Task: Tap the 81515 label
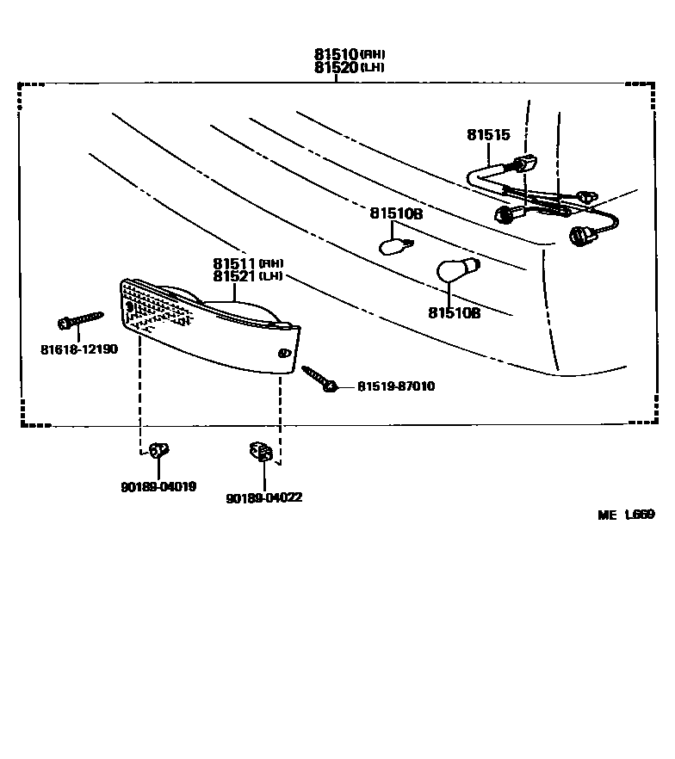coord(488,135)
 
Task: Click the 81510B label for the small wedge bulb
coord(396,213)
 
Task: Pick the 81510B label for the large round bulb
coord(454,313)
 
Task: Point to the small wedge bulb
coord(394,246)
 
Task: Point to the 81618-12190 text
coord(78,349)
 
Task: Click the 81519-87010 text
coord(396,387)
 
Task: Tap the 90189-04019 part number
coord(158,486)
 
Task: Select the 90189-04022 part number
coord(263,497)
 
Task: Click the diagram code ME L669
coord(626,515)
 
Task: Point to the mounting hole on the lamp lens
coord(284,354)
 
